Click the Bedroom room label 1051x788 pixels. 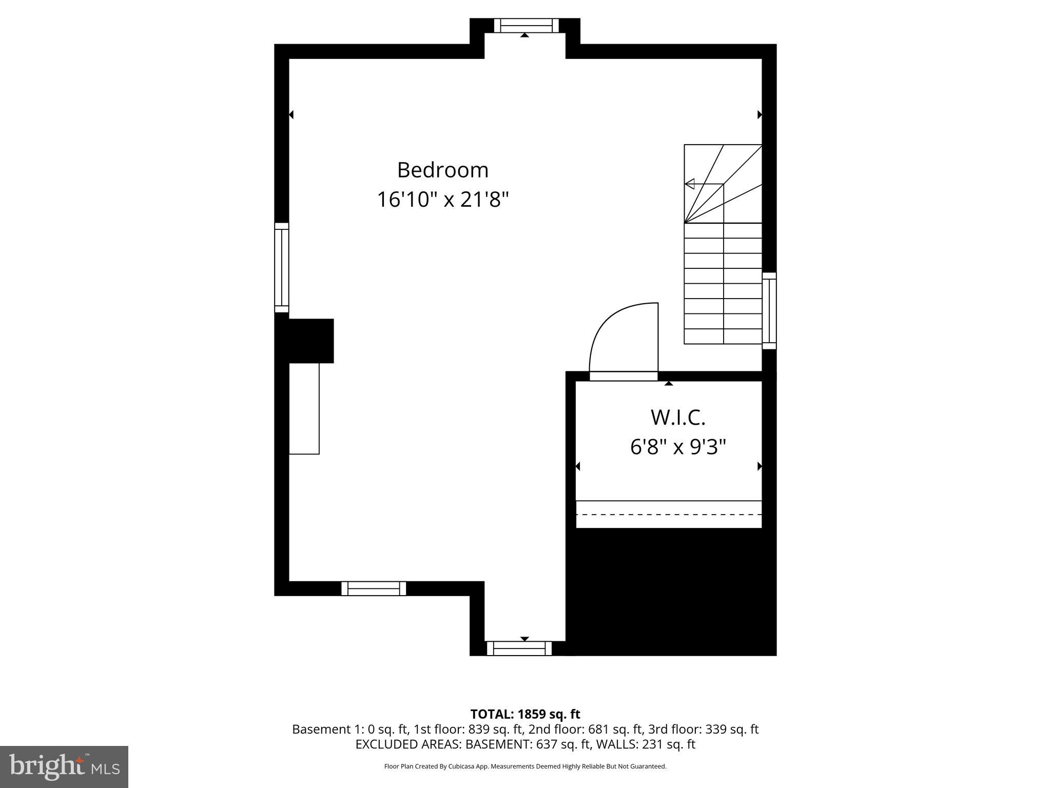pos(442,170)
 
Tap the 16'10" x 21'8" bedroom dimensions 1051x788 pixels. pos(442,200)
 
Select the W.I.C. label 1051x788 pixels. pos(678,418)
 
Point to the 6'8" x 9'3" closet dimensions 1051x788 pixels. pos(678,447)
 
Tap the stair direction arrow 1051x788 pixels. pos(690,184)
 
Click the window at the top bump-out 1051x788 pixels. pos(526,26)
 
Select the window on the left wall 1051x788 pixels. pos(282,267)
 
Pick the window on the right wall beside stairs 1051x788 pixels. pos(769,310)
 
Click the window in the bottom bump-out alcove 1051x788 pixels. pos(519,648)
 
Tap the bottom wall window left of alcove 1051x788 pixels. pos(374,588)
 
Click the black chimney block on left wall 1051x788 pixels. pos(311,341)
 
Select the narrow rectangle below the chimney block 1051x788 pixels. pos(304,408)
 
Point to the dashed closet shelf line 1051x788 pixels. pos(669,514)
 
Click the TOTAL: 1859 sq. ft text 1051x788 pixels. pos(525,714)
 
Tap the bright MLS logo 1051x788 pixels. pos(64,766)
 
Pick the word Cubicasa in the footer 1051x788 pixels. pos(460,766)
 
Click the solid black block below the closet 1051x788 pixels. pos(671,590)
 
